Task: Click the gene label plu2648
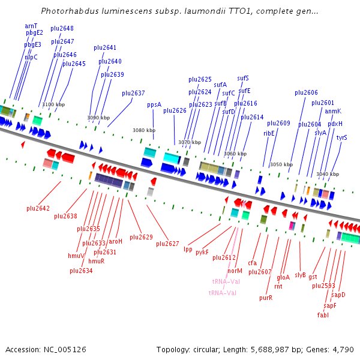[x=62, y=28]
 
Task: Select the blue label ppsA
[x=154, y=104]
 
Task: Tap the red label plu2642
[x=38, y=208]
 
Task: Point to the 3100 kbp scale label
[x=53, y=104]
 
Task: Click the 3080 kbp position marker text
[x=144, y=130]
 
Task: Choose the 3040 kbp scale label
[x=328, y=174]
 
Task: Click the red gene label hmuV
[x=76, y=256]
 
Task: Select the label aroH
[x=115, y=241]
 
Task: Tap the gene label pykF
[x=202, y=252]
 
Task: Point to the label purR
[x=266, y=298]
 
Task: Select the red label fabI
[x=323, y=315]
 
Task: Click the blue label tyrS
[x=341, y=137]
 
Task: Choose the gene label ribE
[x=269, y=133]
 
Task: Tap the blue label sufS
[x=243, y=78]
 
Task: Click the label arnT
[x=31, y=26]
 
